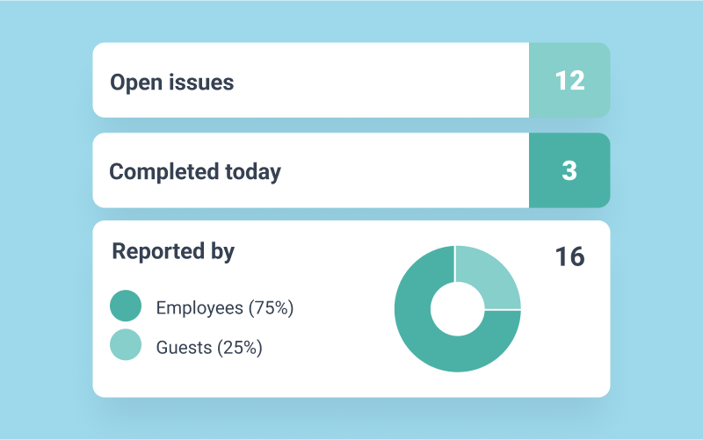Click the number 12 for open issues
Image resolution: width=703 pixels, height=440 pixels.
click(569, 81)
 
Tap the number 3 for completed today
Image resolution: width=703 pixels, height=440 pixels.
click(569, 170)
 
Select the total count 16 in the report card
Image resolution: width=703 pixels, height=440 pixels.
click(569, 256)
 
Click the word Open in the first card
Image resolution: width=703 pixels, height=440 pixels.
click(134, 83)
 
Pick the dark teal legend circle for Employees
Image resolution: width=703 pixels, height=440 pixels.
click(126, 307)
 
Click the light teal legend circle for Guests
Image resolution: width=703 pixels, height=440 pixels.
click(126, 345)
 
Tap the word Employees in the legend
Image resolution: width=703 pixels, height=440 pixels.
click(199, 307)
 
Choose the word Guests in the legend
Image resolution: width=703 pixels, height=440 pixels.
click(184, 347)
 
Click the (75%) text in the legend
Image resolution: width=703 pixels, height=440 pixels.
click(271, 307)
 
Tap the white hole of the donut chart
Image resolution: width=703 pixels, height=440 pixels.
click(457, 309)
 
